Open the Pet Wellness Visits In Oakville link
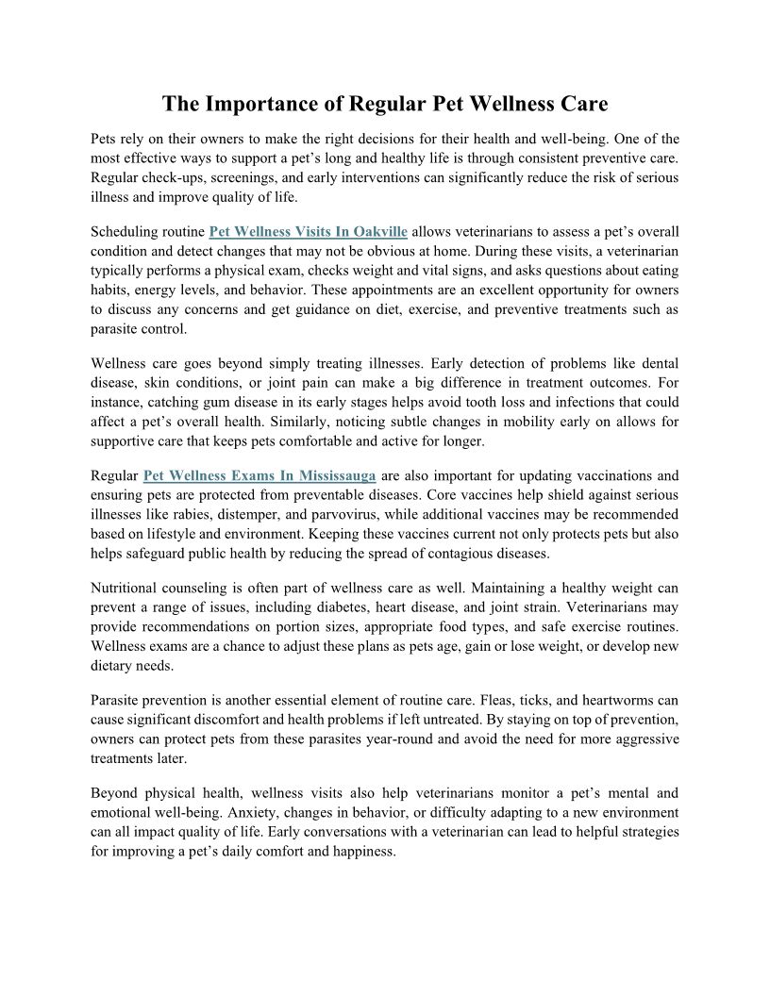point(308,232)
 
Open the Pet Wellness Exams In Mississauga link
point(259,475)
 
